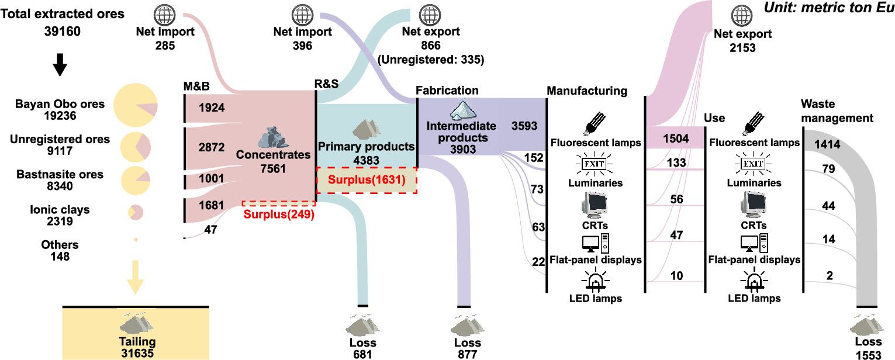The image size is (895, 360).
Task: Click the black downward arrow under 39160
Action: point(60,67)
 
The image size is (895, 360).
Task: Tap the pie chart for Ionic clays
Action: point(135,212)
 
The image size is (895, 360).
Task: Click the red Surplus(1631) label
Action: point(367,180)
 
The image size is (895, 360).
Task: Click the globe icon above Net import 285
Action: point(165,13)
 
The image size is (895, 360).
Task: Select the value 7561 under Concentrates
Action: point(274,169)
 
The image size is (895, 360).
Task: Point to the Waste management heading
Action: point(837,110)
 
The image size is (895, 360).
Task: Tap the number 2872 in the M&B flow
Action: point(211,147)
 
